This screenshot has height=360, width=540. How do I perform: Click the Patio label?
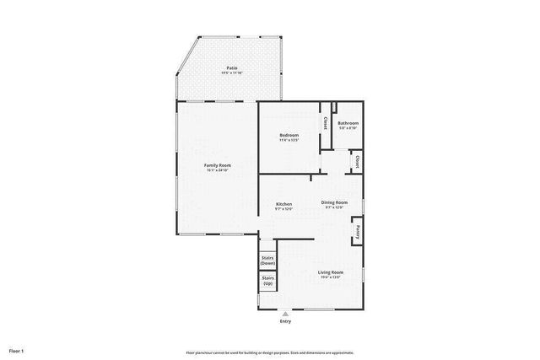tap(231, 67)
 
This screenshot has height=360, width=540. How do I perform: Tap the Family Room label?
tap(218, 164)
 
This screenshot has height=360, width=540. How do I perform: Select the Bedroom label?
tap(289, 135)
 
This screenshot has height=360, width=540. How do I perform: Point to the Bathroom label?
tap(348, 123)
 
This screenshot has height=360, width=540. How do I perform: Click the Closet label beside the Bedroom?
tap(326, 122)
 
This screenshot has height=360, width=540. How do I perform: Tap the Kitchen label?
tap(284, 204)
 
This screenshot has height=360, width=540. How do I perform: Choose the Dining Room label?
tap(334, 202)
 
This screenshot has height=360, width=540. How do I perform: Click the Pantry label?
tap(358, 230)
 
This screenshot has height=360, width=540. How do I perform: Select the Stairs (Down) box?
tap(267, 261)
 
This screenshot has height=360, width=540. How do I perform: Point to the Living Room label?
tap(330, 271)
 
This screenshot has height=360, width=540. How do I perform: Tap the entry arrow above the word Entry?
tap(284, 314)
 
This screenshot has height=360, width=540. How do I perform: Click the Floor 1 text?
tap(16, 350)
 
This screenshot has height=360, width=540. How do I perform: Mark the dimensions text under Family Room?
tap(218, 170)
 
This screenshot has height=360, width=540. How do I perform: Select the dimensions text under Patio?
tap(231, 73)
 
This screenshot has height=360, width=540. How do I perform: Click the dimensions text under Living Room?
tap(330, 277)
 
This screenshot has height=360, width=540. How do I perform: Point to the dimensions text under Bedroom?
tap(289, 141)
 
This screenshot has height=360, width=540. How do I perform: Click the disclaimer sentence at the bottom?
tap(270, 352)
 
